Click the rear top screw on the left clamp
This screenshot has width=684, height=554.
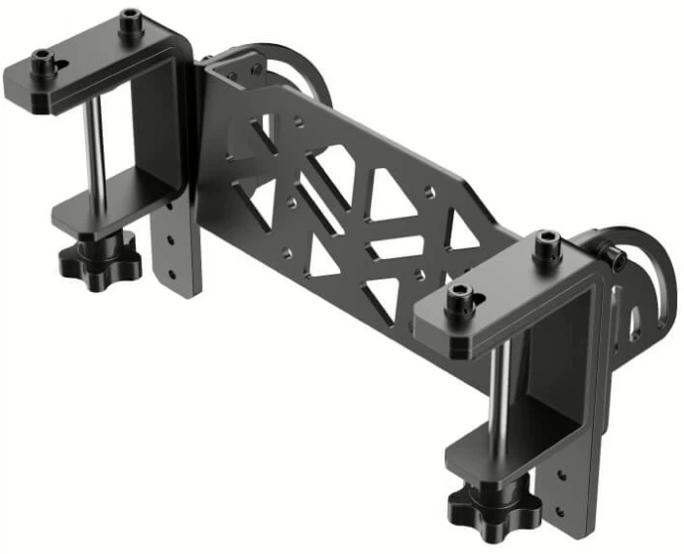[131, 23]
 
